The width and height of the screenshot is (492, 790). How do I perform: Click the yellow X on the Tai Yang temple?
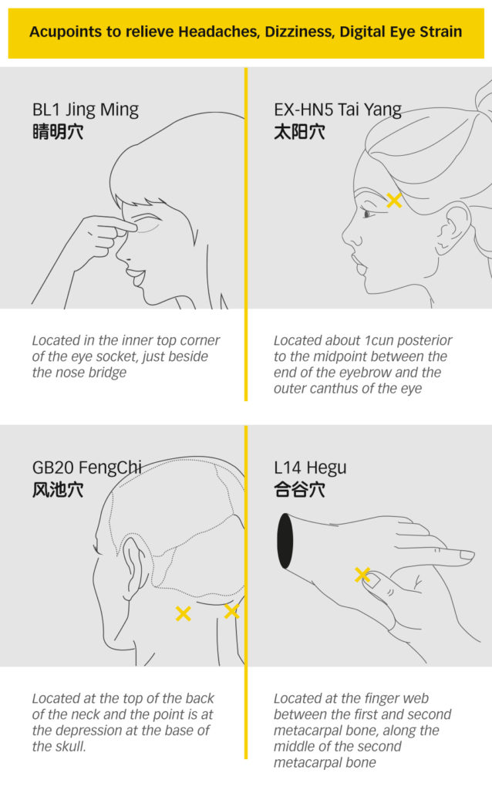pyautogui.click(x=394, y=201)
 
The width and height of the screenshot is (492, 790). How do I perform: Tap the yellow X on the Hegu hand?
pyautogui.click(x=362, y=574)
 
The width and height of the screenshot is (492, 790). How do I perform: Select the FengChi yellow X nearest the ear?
pyautogui.click(x=184, y=613)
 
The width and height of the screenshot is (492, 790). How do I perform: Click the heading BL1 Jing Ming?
pyautogui.click(x=85, y=110)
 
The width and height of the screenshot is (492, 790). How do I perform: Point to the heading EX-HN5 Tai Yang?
pyautogui.click(x=338, y=110)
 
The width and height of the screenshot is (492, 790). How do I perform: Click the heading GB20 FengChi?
pyautogui.click(x=86, y=468)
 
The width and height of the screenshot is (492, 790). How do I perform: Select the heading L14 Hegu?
pyautogui.click(x=310, y=468)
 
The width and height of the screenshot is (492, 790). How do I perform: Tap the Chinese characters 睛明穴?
pyautogui.click(x=57, y=133)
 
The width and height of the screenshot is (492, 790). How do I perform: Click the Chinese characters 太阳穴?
pyautogui.click(x=299, y=133)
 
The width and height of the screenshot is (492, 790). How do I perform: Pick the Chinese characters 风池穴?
pyautogui.click(x=57, y=490)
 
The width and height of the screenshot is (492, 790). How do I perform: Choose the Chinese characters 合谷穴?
pyautogui.click(x=299, y=490)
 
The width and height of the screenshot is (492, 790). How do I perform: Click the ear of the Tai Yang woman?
pyautogui.click(x=453, y=227)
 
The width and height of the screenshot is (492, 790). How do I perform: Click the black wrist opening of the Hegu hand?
pyautogui.click(x=285, y=541)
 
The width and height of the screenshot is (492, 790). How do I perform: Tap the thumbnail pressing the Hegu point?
pyautogui.click(x=372, y=579)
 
